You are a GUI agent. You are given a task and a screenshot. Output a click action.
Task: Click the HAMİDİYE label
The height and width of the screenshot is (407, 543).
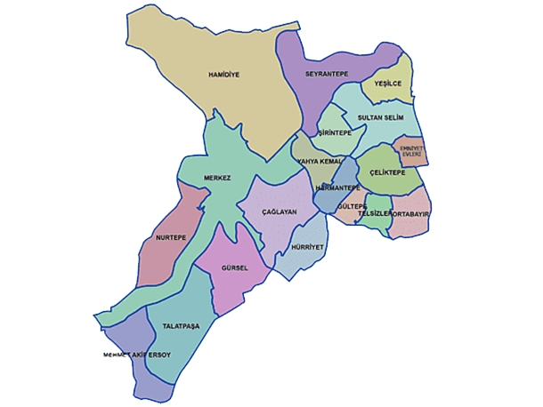224,75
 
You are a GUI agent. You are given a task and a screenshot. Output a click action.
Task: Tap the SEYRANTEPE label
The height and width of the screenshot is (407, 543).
326,74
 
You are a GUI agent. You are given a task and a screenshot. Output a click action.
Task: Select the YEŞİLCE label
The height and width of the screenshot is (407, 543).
388,84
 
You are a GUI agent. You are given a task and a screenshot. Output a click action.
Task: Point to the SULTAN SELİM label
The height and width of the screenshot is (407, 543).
380,117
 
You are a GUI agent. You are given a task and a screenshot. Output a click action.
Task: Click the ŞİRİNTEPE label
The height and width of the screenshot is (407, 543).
335,133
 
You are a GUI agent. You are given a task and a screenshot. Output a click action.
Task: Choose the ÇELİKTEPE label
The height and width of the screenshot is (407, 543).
387,172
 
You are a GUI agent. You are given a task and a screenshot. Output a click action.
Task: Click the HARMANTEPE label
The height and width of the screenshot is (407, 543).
337,188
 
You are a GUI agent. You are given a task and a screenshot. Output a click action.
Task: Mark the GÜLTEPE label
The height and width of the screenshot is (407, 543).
353,206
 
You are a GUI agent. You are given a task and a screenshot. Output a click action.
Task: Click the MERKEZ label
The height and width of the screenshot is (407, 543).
217,178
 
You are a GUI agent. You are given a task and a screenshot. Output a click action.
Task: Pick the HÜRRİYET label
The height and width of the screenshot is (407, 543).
309,246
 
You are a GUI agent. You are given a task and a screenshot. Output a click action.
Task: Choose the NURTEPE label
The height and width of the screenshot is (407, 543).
170,237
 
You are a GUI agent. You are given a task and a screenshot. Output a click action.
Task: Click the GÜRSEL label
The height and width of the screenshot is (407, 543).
234,267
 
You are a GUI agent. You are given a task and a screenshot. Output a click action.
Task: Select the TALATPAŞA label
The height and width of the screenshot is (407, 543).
181,326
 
